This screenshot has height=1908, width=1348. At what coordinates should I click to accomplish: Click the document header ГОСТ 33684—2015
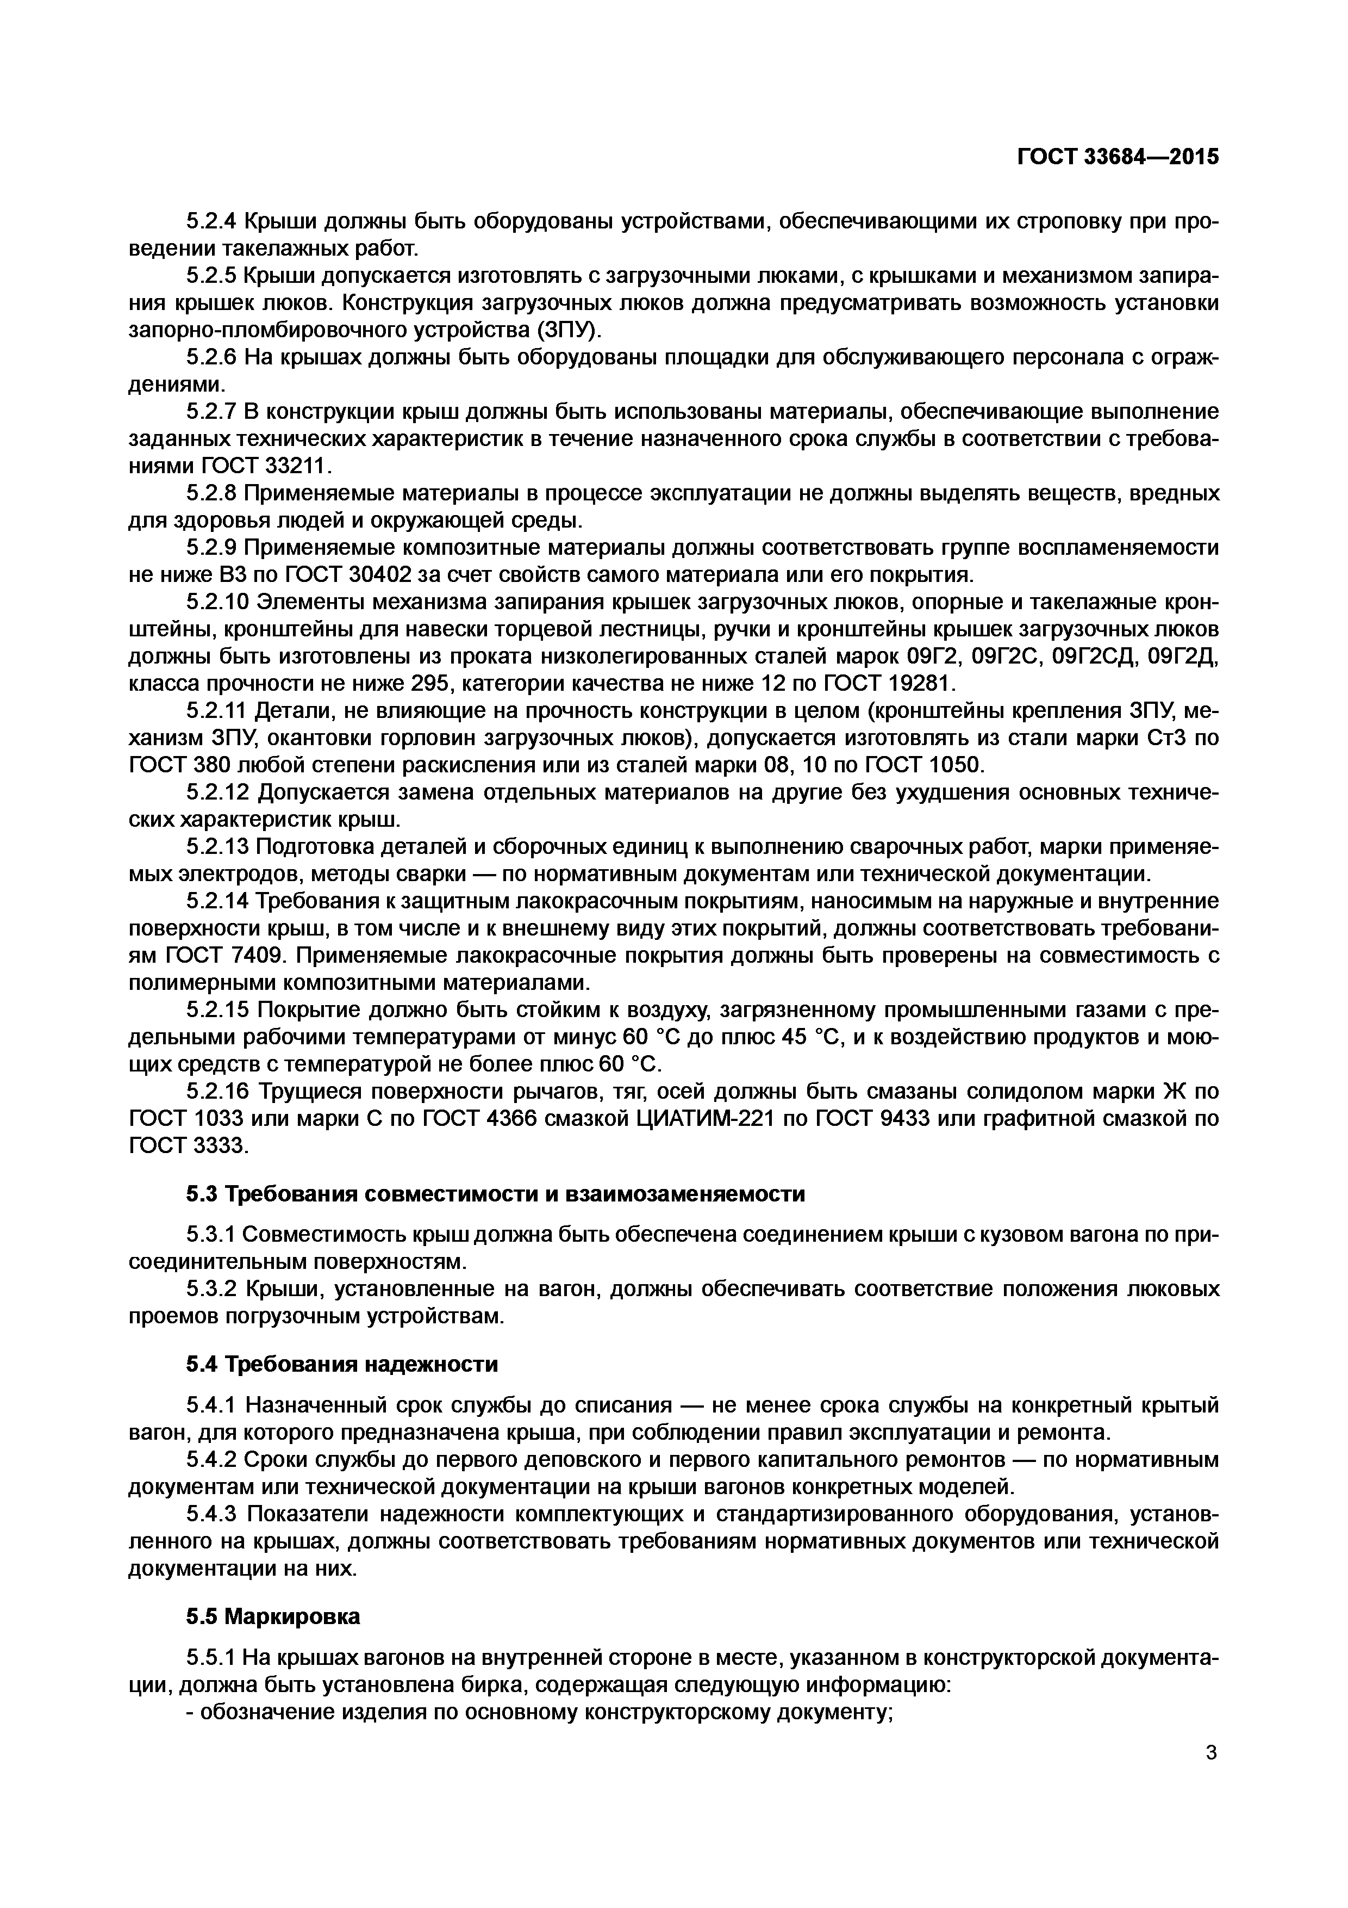[x=1118, y=156]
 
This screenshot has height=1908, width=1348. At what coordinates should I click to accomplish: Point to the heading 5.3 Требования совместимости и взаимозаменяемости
[x=495, y=1193]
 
